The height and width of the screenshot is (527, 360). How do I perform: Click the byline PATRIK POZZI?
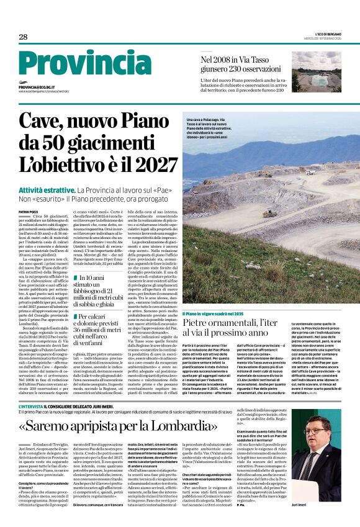29,194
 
